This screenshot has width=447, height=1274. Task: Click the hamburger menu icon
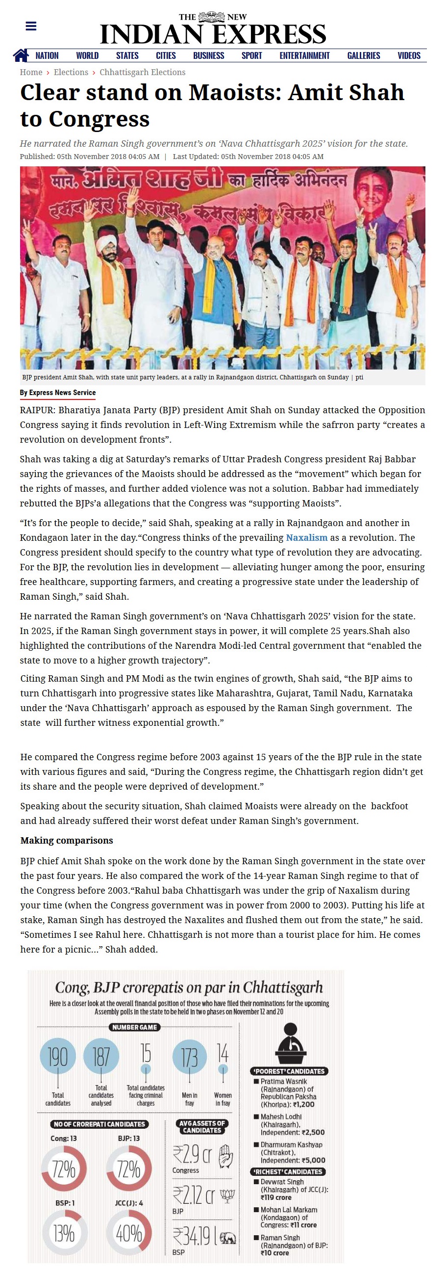click(x=30, y=26)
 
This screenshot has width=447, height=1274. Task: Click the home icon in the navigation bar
click(x=21, y=55)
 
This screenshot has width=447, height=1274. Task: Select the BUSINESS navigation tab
click(x=208, y=55)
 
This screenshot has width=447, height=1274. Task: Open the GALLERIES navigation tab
click(x=364, y=55)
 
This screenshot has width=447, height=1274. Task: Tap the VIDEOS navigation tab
click(x=409, y=55)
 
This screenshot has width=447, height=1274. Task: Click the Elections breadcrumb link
click(x=71, y=72)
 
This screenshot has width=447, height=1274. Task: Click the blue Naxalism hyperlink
click(x=307, y=537)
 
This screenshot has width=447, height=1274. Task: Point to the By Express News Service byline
click(x=58, y=393)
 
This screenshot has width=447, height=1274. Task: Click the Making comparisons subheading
click(x=67, y=840)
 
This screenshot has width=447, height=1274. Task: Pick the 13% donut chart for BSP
click(x=65, y=1233)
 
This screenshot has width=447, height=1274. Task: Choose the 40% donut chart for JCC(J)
click(x=129, y=1233)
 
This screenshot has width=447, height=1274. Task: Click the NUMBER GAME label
click(x=134, y=1027)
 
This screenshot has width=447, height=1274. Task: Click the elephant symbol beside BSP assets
click(x=228, y=1238)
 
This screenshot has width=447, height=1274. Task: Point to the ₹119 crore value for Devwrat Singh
click(x=276, y=1197)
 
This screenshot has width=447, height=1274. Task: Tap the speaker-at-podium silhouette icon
click(x=291, y=1044)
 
